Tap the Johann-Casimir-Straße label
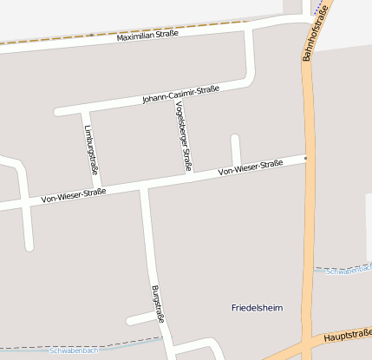[x=181, y=94]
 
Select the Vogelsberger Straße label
[x=184, y=135]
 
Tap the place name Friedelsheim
[x=258, y=308]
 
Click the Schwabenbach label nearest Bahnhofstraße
[x=349, y=271]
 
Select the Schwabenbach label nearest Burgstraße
[x=74, y=350]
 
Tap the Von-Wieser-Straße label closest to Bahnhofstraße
[x=251, y=167]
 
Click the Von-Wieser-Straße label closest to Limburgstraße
[x=74, y=196]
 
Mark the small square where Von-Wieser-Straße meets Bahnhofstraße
[x=305, y=158]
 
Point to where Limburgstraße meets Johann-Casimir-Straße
[x=85, y=110]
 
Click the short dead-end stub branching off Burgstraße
[x=140, y=321]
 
